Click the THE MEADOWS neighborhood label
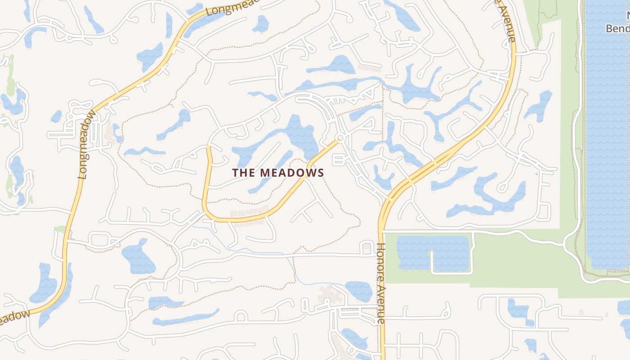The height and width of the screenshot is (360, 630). (278, 172)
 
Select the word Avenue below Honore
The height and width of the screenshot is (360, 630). (381, 301)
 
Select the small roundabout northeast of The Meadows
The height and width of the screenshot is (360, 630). (341, 137)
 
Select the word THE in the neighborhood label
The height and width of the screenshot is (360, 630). (243, 172)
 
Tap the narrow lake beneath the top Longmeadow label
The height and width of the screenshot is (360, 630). (200, 22)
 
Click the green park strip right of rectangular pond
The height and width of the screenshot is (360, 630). (517, 261)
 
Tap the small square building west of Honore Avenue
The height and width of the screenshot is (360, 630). (367, 246)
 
